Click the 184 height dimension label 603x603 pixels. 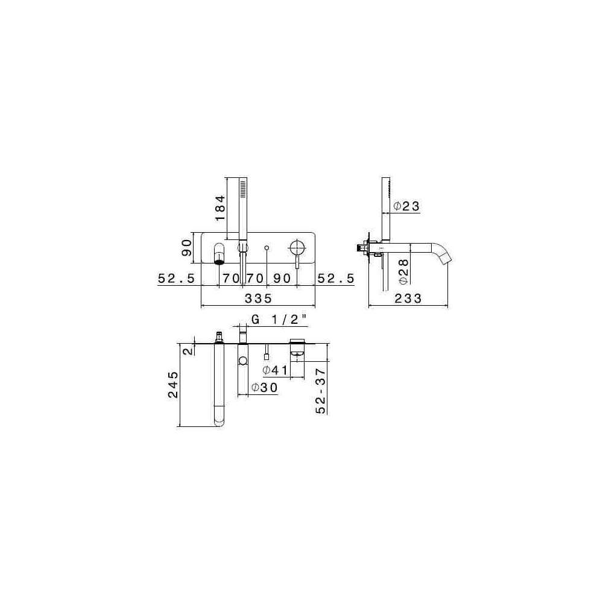tap(220, 207)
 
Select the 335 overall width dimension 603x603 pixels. tap(259, 298)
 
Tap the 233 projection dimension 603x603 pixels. tap(408, 298)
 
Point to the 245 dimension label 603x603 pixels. tap(173, 385)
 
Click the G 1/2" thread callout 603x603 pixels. tap(279, 319)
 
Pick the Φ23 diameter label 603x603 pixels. tap(406, 206)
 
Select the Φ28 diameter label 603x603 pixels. tap(403, 271)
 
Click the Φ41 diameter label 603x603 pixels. tap(275, 370)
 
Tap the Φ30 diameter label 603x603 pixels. tap(265, 388)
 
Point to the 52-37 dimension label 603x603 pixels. tap(321, 391)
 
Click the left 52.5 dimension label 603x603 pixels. tap(177, 278)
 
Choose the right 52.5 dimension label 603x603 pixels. tap(336, 278)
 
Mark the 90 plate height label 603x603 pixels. tap(186, 248)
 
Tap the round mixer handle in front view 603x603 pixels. tap(296, 247)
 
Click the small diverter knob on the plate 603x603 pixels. tap(267, 247)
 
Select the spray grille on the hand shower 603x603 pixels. tap(242, 190)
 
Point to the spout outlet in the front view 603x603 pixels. tap(219, 262)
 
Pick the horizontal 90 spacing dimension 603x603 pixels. tap(282, 278)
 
